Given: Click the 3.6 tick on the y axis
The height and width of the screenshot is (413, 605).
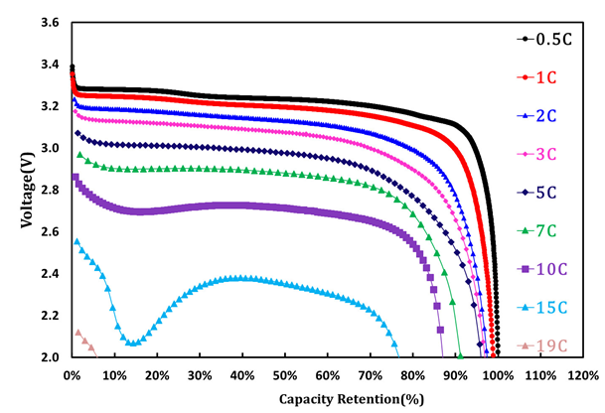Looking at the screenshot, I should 49,22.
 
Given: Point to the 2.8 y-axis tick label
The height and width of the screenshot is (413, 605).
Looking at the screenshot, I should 49,190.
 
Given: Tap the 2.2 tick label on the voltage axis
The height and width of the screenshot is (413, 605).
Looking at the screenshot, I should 49,316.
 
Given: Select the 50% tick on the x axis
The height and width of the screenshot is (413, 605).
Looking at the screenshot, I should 285,377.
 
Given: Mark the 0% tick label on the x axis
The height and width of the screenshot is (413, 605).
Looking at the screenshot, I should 72,377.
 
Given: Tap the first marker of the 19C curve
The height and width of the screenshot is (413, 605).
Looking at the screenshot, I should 77,333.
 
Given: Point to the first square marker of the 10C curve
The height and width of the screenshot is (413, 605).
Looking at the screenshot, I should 75,178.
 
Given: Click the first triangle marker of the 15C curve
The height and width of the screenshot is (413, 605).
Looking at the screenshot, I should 76,241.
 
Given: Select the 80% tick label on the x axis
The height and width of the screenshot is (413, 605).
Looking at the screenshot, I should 413,377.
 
